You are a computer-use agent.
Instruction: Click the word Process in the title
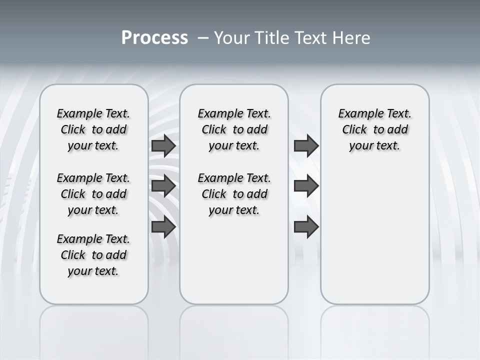pyautogui.click(x=154, y=38)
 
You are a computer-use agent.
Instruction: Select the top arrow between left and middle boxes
pyautogui.click(x=163, y=146)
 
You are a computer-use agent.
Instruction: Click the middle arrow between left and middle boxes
pyautogui.click(x=163, y=186)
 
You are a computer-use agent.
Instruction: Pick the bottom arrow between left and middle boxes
pyautogui.click(x=163, y=227)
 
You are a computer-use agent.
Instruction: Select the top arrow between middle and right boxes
pyautogui.click(x=306, y=146)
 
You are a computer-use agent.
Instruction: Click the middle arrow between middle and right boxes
pyautogui.click(x=306, y=186)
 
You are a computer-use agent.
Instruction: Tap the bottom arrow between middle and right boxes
pyautogui.click(x=306, y=227)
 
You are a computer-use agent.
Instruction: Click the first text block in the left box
pyautogui.click(x=93, y=129)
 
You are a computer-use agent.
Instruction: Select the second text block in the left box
pyautogui.click(x=93, y=194)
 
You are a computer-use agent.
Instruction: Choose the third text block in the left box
pyautogui.click(x=93, y=255)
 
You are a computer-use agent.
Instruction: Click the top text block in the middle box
pyautogui.click(x=234, y=129)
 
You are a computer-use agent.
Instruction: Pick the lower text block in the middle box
pyautogui.click(x=234, y=194)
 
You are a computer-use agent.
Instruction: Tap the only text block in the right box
pyautogui.click(x=375, y=129)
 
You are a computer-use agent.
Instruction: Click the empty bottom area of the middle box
pyautogui.click(x=234, y=265)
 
